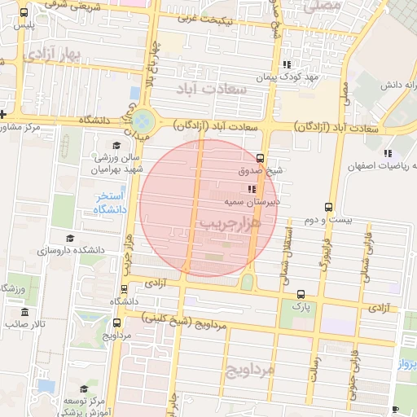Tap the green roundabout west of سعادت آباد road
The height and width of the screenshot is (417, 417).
tap(143, 121)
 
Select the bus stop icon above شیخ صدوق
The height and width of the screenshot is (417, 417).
tap(260, 158)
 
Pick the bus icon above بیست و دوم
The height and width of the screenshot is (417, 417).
tap(328, 207)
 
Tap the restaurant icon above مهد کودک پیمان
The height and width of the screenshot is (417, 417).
tap(286, 64)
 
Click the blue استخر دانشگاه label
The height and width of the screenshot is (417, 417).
tap(108, 204)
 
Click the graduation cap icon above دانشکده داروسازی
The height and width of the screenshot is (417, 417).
tap(70, 239)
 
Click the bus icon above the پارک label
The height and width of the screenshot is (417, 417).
tap(301, 294)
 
